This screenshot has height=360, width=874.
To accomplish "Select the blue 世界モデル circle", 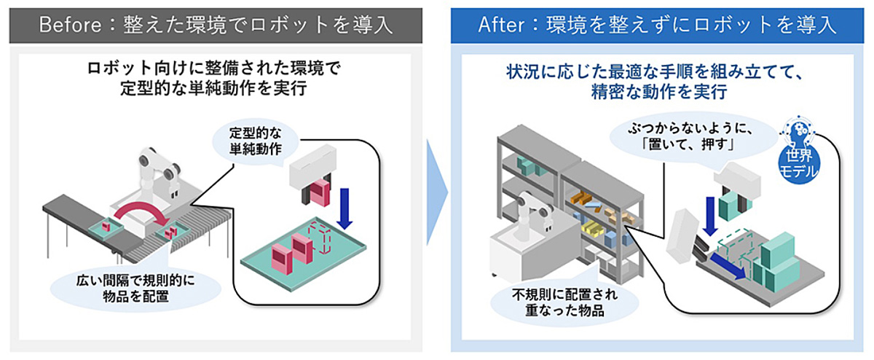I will click(798, 167).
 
